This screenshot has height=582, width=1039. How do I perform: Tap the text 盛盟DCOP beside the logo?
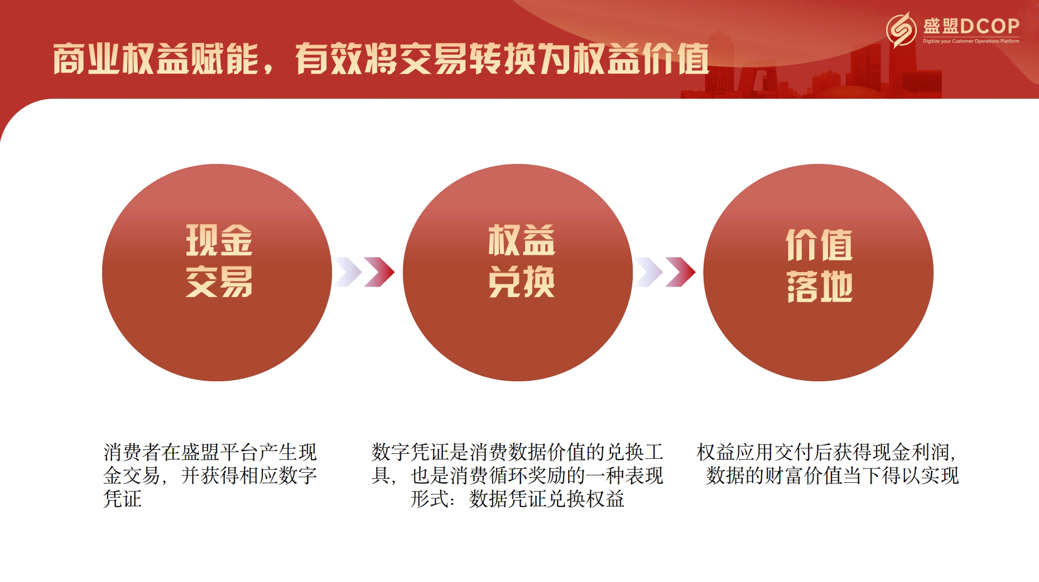click(x=971, y=26)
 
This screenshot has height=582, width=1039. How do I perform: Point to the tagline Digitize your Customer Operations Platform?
click(x=971, y=41)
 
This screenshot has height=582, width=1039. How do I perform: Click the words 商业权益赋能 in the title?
click(x=156, y=59)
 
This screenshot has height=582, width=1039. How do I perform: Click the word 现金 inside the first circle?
click(x=219, y=240)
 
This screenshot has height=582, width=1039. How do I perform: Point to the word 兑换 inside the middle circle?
click(x=521, y=282)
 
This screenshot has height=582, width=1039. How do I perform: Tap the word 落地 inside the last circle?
click(x=819, y=287)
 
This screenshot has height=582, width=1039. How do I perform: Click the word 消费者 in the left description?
click(x=132, y=452)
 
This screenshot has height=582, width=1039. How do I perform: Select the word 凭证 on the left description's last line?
click(x=123, y=499)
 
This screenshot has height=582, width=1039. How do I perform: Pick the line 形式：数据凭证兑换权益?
click(x=517, y=499)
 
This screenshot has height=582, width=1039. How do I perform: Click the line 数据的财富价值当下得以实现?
click(x=832, y=476)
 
